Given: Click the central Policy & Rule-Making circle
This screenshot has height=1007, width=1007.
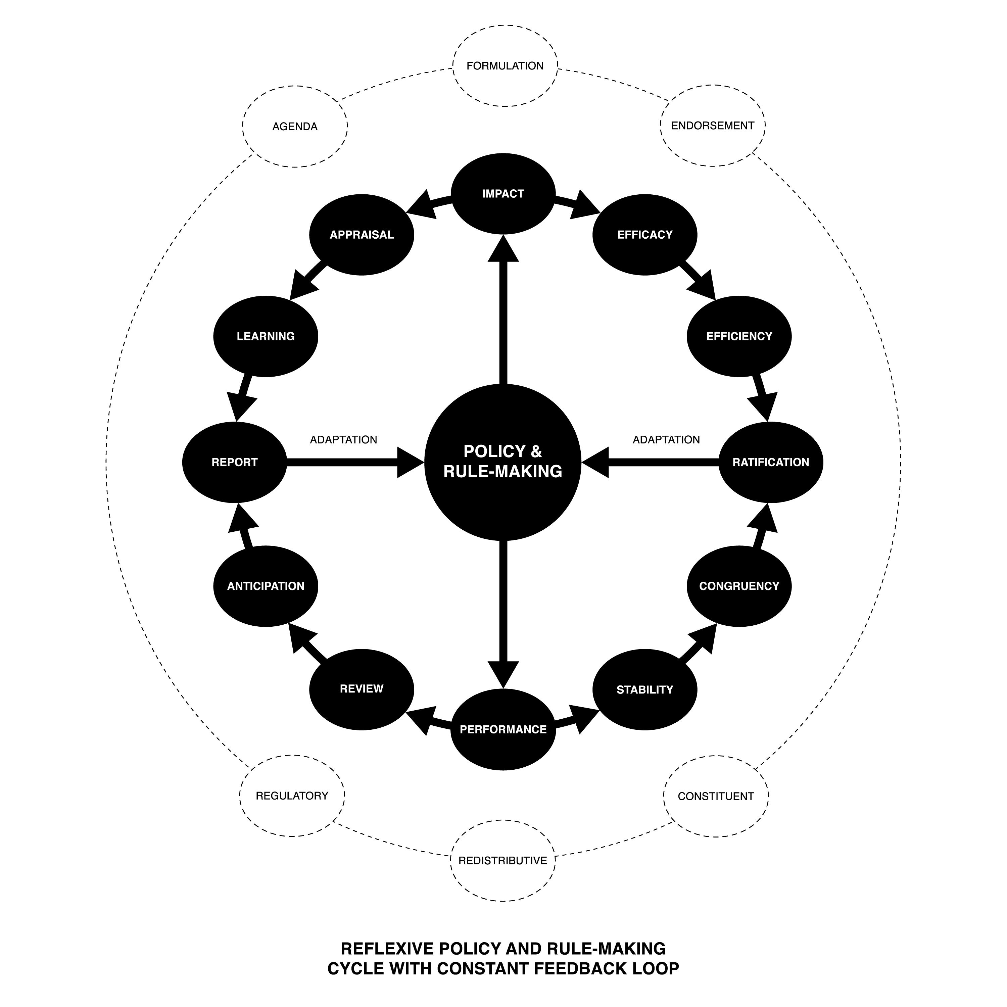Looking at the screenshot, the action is tap(503, 462).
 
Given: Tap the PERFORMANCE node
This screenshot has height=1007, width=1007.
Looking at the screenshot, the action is tap(503, 729).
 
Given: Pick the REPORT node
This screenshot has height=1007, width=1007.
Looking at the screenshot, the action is tap(235, 462).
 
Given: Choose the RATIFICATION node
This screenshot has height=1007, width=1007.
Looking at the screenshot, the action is tap(771, 462).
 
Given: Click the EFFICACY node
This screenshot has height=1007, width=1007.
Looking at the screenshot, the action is tap(645, 235).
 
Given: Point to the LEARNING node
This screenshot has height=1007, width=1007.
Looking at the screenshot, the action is tap(266, 336).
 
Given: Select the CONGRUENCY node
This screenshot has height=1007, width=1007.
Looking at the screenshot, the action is tap(739, 586).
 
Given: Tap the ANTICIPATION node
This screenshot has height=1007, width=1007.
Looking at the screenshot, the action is tap(266, 586).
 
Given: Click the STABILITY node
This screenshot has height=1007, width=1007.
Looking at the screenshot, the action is tap(645, 689).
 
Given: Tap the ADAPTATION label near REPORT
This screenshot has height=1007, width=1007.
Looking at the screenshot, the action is tap(343, 439).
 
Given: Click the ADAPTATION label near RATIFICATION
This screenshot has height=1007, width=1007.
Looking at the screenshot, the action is tap(666, 439).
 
